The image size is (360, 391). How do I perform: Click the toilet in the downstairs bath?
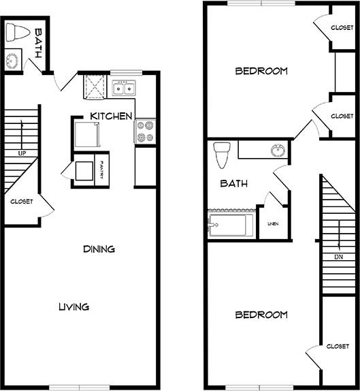click(x=16, y=33)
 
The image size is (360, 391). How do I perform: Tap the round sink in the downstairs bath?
click(x=12, y=60)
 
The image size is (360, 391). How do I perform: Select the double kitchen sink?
click(x=124, y=87)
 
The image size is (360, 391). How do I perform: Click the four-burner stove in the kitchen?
click(x=145, y=131)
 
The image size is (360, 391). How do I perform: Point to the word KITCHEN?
click(x=111, y=116)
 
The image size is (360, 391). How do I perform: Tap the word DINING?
click(x=99, y=249)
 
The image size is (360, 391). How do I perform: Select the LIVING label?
click(x=73, y=307)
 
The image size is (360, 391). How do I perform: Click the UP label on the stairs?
click(x=22, y=153)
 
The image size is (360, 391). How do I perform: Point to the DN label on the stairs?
click(x=338, y=257)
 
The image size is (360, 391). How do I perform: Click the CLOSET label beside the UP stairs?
click(x=21, y=202)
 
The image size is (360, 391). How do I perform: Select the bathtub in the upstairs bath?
click(x=229, y=225)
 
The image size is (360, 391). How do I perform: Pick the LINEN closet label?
click(x=272, y=223)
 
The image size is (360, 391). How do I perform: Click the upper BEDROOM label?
click(x=261, y=71)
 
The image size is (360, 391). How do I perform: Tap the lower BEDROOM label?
click(x=261, y=315)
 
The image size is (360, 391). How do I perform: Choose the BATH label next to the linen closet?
click(x=233, y=183)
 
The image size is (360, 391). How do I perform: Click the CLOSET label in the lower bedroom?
click(x=338, y=346)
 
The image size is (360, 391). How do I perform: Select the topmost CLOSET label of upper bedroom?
click(x=342, y=28)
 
